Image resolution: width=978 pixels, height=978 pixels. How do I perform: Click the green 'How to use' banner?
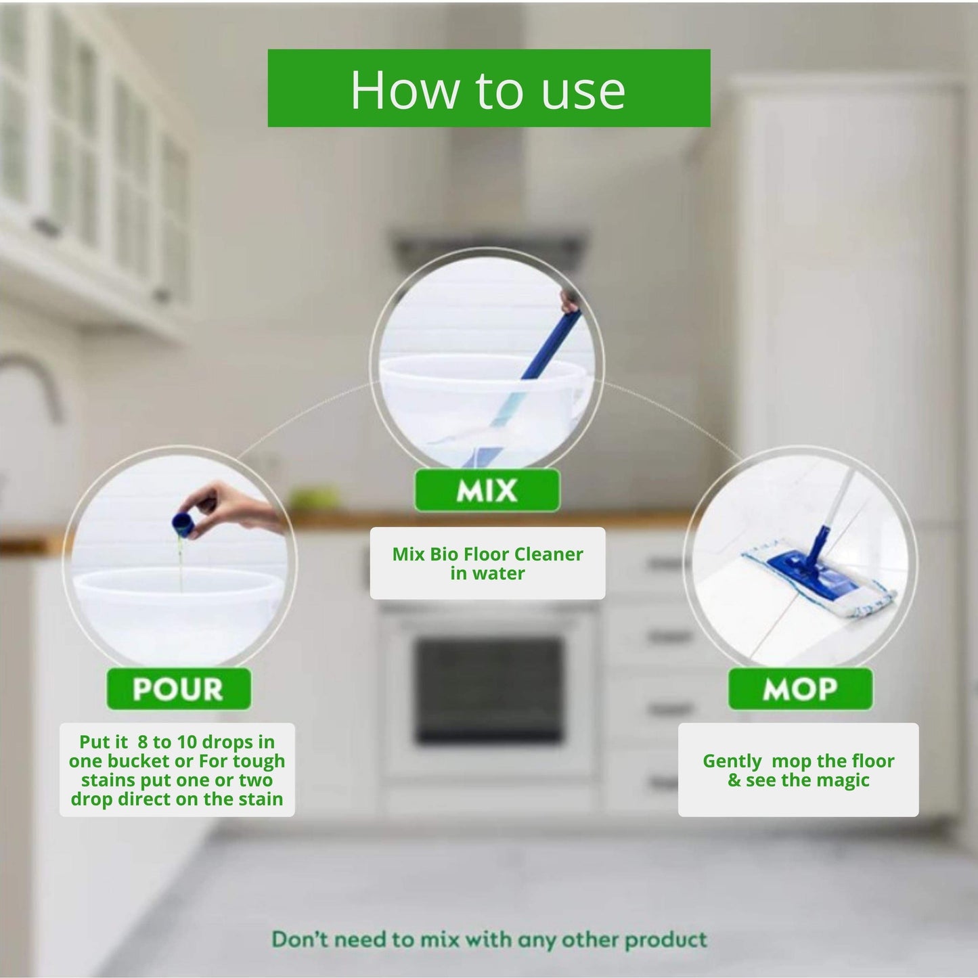point(489,88)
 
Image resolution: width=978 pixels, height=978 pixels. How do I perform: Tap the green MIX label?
point(487,490)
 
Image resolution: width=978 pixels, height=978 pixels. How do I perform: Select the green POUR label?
point(178,689)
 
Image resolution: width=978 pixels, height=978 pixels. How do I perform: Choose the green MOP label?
point(800,689)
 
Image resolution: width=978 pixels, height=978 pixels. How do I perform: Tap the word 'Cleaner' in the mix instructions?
point(549,554)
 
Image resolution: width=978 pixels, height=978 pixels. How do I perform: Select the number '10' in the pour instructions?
point(187,742)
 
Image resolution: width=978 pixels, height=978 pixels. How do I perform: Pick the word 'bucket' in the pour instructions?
point(138,761)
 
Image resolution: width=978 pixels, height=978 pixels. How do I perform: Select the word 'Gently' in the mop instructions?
point(732,761)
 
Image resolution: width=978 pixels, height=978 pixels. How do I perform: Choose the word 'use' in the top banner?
point(583,90)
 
